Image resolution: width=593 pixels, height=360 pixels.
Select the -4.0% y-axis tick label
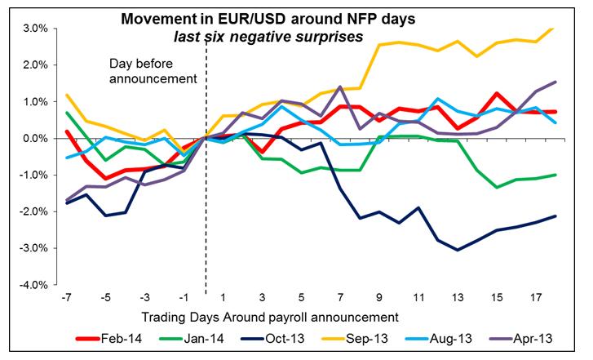(37, 285)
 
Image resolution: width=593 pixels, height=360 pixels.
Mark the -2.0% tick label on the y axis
(37, 211)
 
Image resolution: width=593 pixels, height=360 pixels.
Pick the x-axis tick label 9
(380, 297)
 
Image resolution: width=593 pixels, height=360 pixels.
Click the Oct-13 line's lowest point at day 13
(458, 250)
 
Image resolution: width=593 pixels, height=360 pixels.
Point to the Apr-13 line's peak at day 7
(339, 87)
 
